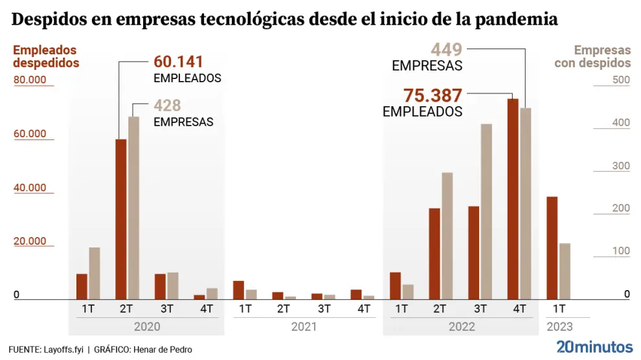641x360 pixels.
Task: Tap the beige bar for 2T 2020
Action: (x=134, y=207)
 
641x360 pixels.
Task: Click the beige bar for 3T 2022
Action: (x=486, y=211)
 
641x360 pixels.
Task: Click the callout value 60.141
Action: (x=178, y=62)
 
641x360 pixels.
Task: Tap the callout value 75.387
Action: (x=433, y=95)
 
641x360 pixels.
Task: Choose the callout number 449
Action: (x=446, y=49)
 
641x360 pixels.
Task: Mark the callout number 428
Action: (x=167, y=106)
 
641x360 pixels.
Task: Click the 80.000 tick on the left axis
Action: (x=30, y=80)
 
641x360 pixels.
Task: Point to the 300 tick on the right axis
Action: (x=622, y=166)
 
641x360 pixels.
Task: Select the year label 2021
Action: (x=304, y=326)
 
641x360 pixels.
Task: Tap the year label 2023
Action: (x=559, y=326)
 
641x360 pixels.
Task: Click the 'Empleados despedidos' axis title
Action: (x=45, y=56)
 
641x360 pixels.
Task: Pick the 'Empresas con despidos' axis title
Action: (x=592, y=56)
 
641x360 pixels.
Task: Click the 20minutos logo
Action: (x=594, y=346)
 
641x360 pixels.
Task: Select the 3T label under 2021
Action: (x=324, y=309)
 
